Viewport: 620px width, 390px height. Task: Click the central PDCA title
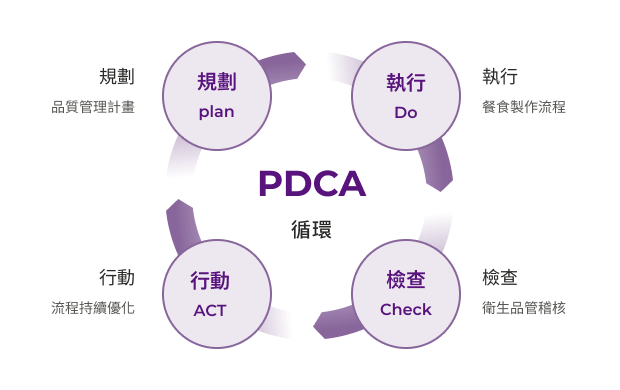[311, 184]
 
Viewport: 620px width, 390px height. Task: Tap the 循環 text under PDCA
[311, 229]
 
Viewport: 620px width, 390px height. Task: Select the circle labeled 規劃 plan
[216, 95]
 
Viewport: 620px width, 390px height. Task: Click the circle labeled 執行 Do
[406, 95]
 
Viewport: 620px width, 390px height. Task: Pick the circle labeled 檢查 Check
[406, 293]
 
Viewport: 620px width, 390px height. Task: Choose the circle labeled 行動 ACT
[216, 293]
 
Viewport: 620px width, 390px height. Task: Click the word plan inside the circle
[216, 112]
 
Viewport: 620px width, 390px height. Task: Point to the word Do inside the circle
[406, 112]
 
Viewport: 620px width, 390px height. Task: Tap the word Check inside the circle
[406, 310]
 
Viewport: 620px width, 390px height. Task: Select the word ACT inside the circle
[210, 310]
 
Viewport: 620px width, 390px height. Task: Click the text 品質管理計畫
[93, 107]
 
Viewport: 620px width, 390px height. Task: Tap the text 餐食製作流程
[523, 107]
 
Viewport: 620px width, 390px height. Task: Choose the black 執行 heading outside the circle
[499, 77]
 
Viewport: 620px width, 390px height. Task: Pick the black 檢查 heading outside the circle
[499, 277]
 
